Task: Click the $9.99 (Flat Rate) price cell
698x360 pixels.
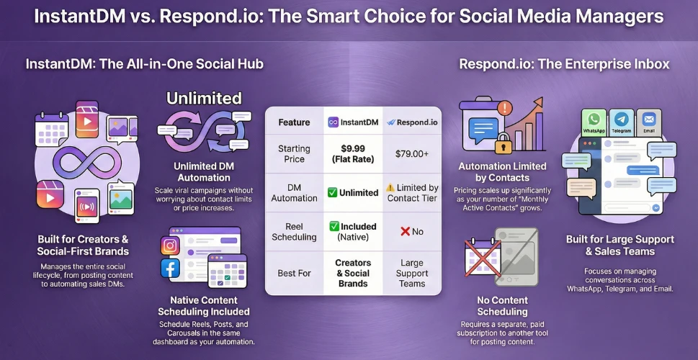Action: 352,153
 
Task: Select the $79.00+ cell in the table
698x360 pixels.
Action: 412,154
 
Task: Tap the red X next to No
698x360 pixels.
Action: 405,231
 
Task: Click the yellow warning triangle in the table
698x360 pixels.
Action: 390,188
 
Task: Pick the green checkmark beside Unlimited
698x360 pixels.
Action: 332,193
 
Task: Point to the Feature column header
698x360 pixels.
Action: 294,122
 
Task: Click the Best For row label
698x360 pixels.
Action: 294,273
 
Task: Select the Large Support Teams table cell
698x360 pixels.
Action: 412,273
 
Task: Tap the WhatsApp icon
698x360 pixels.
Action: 594,120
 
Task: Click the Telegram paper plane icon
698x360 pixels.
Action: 622,120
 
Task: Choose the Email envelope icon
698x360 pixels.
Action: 649,120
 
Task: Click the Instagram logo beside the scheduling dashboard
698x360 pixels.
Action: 170,246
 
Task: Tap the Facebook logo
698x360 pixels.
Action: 170,269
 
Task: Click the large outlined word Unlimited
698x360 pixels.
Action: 204,98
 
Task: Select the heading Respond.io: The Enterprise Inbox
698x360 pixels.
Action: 564,64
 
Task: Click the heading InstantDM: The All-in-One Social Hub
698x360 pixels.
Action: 145,64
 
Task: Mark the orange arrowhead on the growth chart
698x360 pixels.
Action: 538,102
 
